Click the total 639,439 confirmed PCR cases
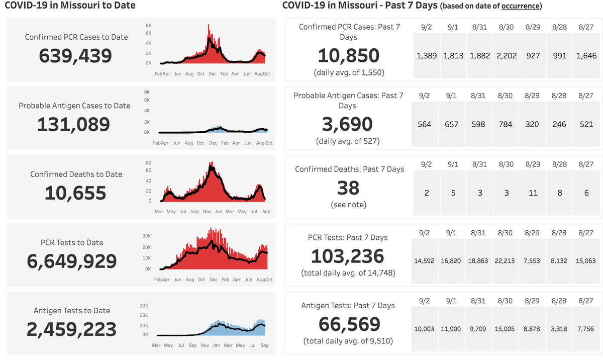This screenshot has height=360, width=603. tap(75, 56)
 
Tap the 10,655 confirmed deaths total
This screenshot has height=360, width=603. tap(75, 193)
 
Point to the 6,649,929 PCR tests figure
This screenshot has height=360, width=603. tap(71, 261)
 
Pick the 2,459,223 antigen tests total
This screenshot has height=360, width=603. tap(71, 329)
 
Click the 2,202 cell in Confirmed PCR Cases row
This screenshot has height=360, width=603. tap(507, 56)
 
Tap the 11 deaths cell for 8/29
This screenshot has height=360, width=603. tap(533, 193)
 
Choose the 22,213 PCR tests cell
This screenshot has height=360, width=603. tap(507, 261)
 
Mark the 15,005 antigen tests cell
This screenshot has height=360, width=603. tap(507, 329)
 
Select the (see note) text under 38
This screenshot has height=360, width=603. tap(348, 205)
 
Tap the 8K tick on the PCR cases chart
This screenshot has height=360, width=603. tap(149, 26)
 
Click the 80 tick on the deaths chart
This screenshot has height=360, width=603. tap(148, 162)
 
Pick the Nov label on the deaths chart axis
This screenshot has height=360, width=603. tap(207, 212)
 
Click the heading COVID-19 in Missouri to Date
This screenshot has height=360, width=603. tap(70, 6)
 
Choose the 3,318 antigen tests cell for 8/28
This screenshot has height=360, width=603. tap(560, 329)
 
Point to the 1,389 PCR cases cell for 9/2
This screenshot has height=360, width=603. tap(427, 56)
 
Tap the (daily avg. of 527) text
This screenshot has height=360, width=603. tap(348, 141)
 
